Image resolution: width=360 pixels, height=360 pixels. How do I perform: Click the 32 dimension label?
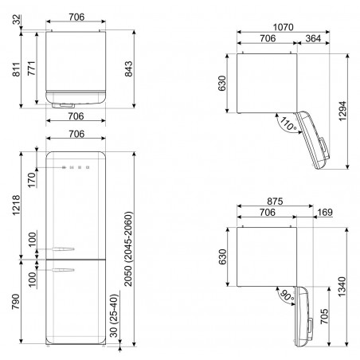pos(17,20)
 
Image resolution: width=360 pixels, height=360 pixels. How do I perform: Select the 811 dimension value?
pos(17,69)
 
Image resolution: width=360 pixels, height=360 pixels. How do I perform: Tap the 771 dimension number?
pos(32,68)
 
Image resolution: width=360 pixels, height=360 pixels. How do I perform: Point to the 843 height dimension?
pos(128,69)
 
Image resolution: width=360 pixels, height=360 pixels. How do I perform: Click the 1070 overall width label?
pos(284,27)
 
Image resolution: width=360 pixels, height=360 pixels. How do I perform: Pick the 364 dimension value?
pos(313,38)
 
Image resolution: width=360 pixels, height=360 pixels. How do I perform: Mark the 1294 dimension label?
pos(342,112)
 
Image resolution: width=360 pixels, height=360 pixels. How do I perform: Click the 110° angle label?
pos(288,124)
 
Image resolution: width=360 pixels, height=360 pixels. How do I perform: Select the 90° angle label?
pos(287,296)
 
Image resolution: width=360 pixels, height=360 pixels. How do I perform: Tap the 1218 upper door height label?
pos(17,205)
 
